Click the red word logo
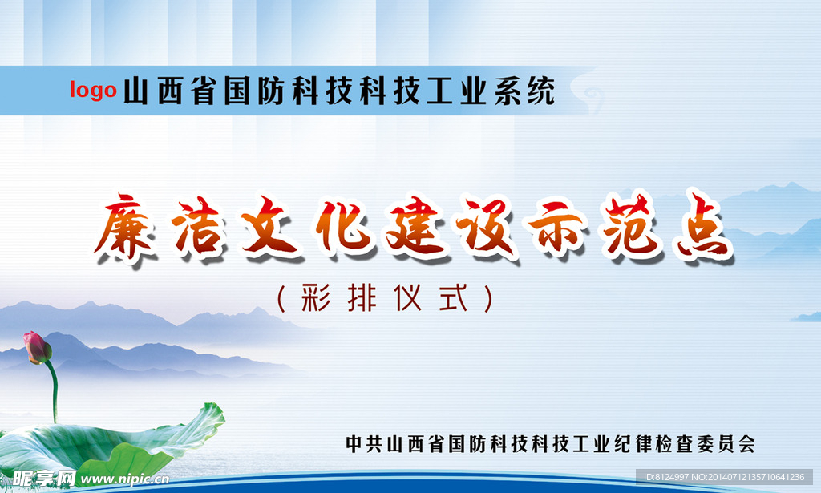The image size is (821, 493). (x=93, y=90)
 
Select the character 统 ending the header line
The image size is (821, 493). (x=542, y=91)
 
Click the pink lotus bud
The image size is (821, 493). (x=36, y=347)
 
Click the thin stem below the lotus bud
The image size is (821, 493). (x=54, y=393)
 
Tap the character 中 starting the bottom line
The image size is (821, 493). (x=354, y=443)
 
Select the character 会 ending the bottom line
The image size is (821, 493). (x=746, y=443)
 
